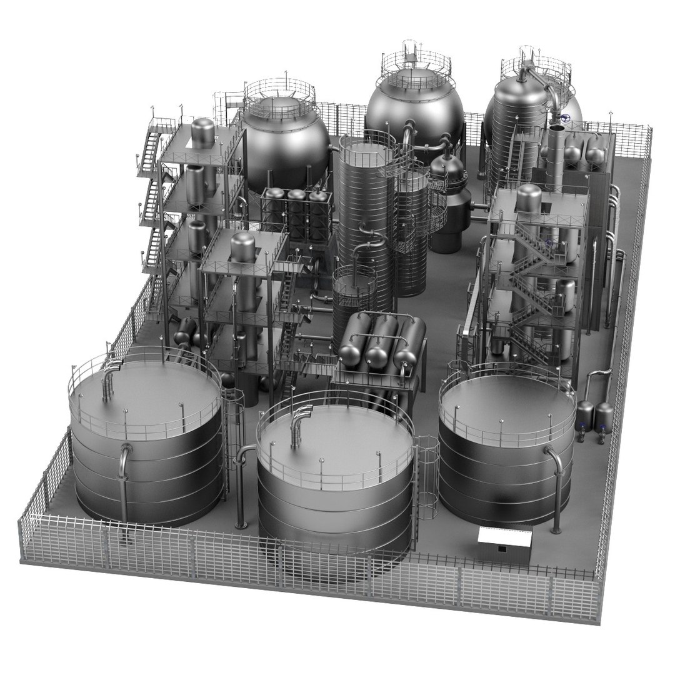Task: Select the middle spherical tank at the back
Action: (414, 112)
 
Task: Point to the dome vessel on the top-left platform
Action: (202, 132)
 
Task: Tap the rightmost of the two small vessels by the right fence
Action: (604, 416)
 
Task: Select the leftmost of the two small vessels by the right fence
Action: (585, 414)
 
